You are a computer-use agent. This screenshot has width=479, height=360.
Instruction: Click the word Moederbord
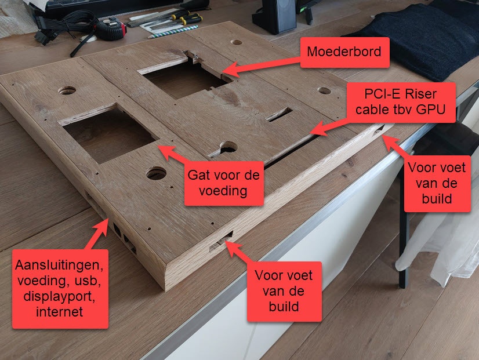344,52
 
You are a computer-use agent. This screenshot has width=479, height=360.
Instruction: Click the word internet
60,312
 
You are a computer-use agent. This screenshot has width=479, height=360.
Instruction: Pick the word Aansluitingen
59,265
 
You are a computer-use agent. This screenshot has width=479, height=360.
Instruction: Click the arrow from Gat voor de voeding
173,154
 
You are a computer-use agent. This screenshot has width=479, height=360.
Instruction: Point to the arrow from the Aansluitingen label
97,234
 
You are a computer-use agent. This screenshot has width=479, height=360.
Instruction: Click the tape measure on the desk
111,29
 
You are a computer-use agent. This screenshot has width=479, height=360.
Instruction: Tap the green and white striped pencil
173,32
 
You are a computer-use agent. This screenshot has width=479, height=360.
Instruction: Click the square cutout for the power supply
109,134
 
